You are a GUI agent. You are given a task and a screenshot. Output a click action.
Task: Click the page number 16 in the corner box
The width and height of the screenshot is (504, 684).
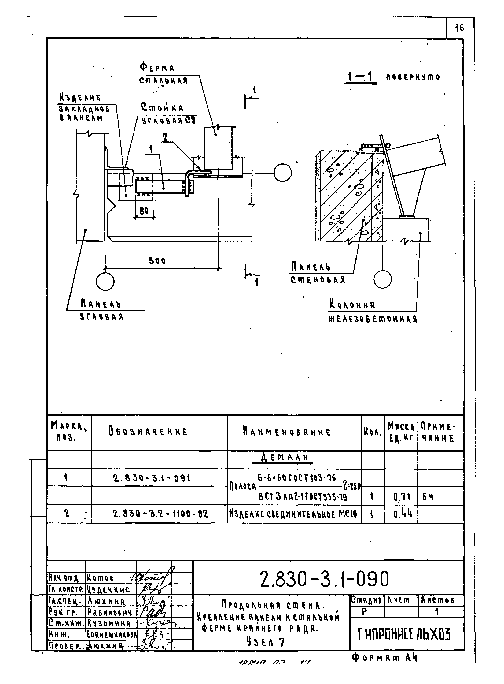point(459,28)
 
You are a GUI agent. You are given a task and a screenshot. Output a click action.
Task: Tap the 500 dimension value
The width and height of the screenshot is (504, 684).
point(157,260)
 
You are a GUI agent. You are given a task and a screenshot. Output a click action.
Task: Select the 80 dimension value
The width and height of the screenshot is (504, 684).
point(144,211)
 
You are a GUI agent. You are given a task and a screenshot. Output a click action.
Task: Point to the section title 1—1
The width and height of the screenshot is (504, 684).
point(361,77)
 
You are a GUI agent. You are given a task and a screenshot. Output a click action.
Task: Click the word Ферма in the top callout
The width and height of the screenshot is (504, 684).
point(157,67)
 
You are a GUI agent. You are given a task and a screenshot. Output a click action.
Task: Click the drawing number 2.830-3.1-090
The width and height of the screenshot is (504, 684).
point(325,579)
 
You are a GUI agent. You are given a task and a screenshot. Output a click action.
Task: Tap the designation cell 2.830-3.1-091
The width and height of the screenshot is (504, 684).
point(151,478)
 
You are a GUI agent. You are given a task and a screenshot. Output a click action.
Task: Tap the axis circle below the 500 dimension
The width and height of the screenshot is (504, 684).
point(105,281)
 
